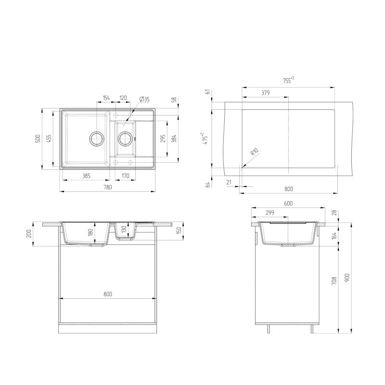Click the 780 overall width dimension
click(x=108, y=187)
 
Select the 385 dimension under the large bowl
click(x=87, y=176)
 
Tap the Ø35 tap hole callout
click(x=144, y=99)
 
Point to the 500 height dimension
click(x=38, y=139)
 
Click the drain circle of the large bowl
click(x=97, y=139)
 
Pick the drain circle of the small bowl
click(x=126, y=139)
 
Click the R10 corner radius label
click(x=255, y=152)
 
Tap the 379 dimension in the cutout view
click(x=266, y=93)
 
